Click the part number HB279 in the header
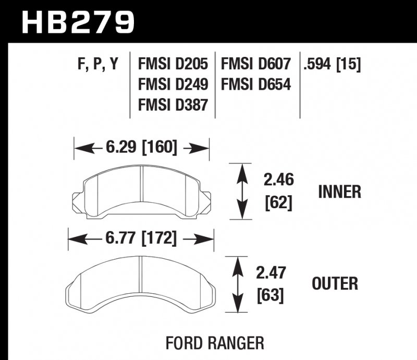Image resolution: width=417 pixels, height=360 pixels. [78, 22]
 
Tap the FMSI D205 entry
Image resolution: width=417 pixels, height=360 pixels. [174, 65]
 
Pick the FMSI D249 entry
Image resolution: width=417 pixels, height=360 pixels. [174, 85]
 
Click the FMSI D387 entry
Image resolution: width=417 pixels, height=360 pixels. [174, 104]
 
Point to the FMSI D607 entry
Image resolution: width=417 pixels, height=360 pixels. [255, 65]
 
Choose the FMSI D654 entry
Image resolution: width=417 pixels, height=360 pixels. [255, 85]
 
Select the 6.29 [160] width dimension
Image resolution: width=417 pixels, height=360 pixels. [141, 149]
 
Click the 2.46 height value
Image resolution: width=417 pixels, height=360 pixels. [278, 181]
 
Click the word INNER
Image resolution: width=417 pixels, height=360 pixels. [339, 192]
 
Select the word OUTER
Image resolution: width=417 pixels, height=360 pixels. [334, 284]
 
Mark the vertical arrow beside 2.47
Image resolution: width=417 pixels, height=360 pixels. [238, 284]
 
